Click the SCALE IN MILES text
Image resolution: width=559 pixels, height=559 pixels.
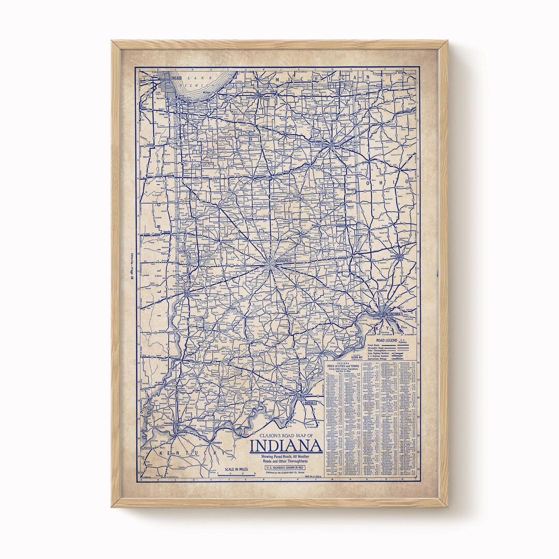(237, 469)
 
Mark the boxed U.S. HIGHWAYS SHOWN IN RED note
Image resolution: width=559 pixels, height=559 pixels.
(286, 467)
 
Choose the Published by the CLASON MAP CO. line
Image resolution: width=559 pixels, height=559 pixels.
(285, 473)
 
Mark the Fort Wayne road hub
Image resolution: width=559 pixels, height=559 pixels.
(331, 145)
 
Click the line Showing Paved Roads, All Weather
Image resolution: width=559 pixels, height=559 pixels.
(286, 456)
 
